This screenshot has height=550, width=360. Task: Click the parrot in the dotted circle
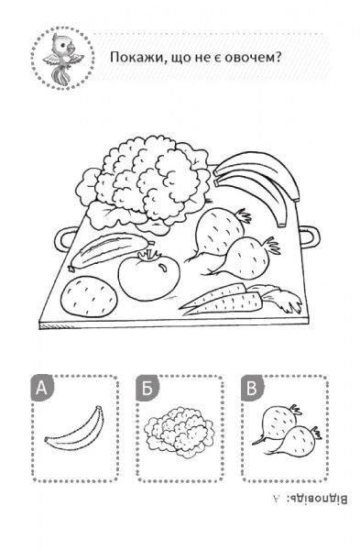click(x=62, y=59)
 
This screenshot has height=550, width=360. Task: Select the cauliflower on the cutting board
click(x=144, y=183)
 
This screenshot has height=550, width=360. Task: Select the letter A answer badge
click(x=42, y=388)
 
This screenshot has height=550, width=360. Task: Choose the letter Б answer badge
click(x=147, y=388)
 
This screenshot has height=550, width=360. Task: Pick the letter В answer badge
click(x=251, y=388)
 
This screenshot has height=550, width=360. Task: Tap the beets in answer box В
click(x=287, y=431)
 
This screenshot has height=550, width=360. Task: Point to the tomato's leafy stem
click(x=149, y=256)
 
